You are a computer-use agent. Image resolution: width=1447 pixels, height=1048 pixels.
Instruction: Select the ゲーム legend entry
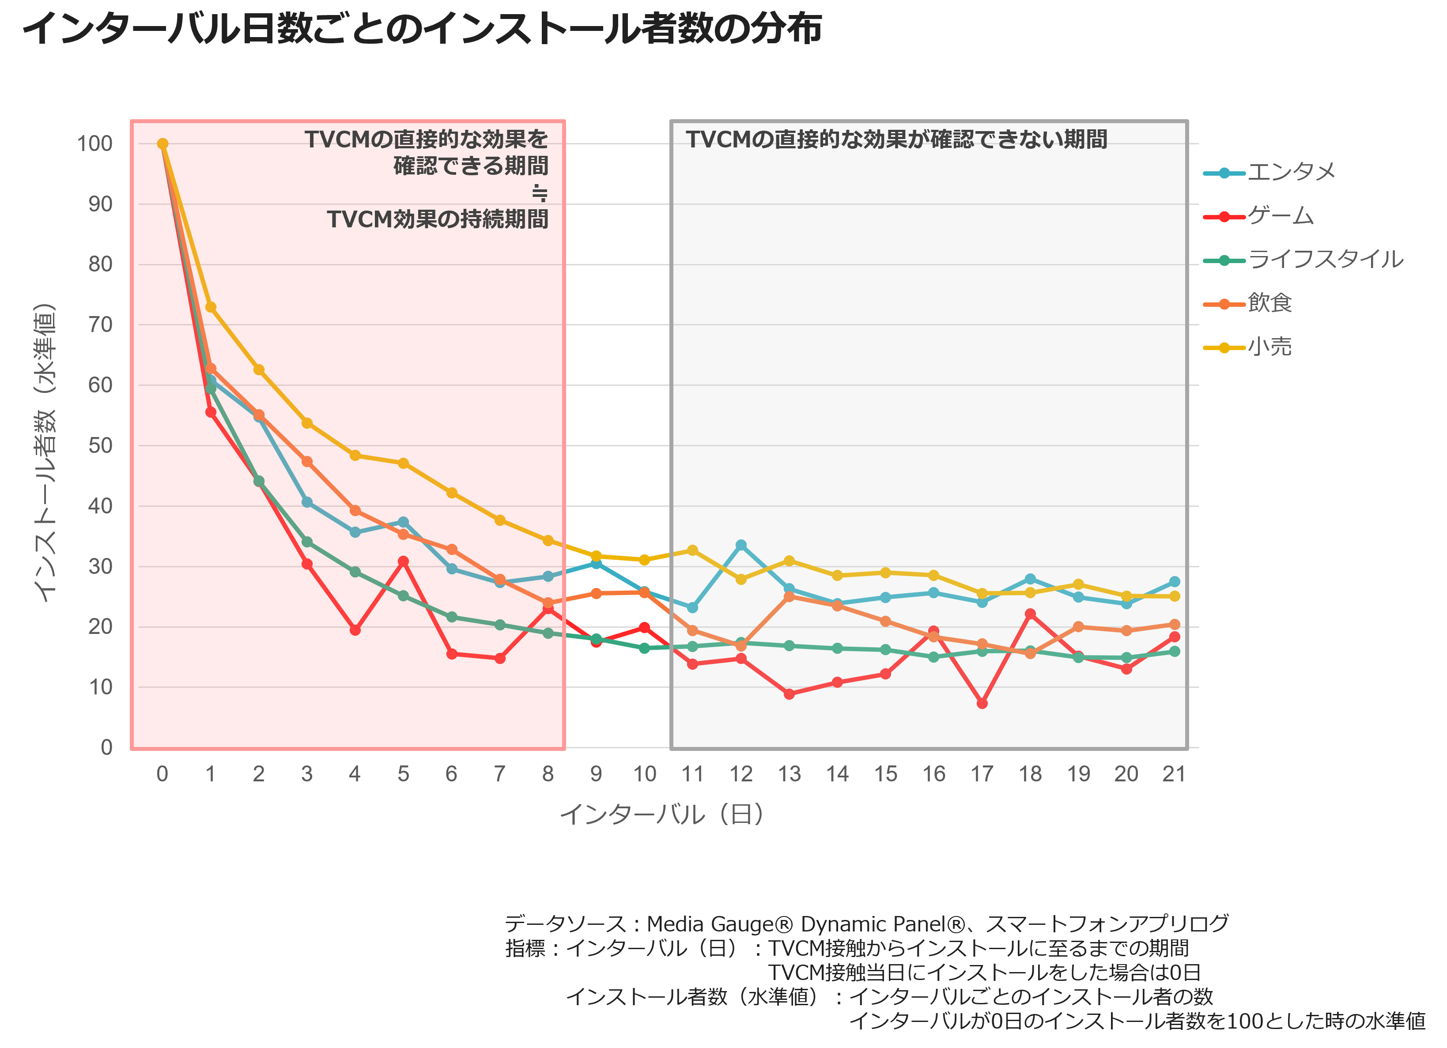coord(1258,216)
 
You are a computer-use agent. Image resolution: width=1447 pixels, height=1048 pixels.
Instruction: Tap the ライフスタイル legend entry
coord(1303,260)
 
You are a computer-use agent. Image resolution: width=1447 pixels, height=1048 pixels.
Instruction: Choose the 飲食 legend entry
coord(1247,304)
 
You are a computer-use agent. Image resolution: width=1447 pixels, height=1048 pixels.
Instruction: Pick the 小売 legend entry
coord(1247,347)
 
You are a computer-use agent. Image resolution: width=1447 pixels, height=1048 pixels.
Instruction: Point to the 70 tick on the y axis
coord(100,324)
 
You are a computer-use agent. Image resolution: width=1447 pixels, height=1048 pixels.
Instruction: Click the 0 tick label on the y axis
coord(106,747)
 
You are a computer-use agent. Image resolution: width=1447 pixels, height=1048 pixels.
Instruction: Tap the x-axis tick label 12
coord(741,774)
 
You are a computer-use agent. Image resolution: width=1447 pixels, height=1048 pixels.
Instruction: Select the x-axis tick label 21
coord(1174,774)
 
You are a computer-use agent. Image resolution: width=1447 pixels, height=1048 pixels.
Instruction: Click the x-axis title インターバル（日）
coord(662,814)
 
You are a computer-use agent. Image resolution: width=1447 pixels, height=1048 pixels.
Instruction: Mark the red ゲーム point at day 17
coord(982,703)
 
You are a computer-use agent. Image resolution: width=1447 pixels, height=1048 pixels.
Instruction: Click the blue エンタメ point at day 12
coord(741,545)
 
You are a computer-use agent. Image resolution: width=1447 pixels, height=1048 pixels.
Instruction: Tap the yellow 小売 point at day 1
coord(211,307)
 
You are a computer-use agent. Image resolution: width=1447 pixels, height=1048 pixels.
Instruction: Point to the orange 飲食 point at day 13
coord(789,596)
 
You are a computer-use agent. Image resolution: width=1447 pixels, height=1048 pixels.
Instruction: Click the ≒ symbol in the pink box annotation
coord(540,192)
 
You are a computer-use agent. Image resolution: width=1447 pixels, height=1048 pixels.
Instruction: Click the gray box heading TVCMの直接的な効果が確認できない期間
coord(896,139)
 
